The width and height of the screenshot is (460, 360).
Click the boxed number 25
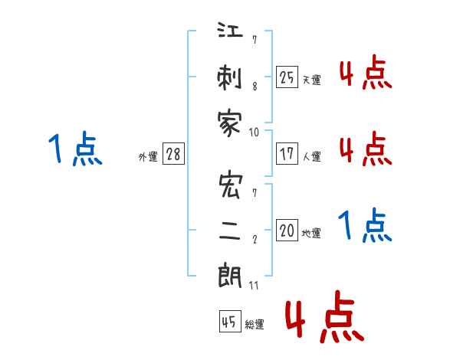287,77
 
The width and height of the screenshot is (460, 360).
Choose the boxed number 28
173,154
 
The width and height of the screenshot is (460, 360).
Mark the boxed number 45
229,322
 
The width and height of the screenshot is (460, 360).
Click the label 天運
312,80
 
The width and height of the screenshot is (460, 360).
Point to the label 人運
312,156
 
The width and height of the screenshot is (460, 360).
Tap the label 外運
147,156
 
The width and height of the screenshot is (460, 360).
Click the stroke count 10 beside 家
255,131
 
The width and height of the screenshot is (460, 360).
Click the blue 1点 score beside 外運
75,148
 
